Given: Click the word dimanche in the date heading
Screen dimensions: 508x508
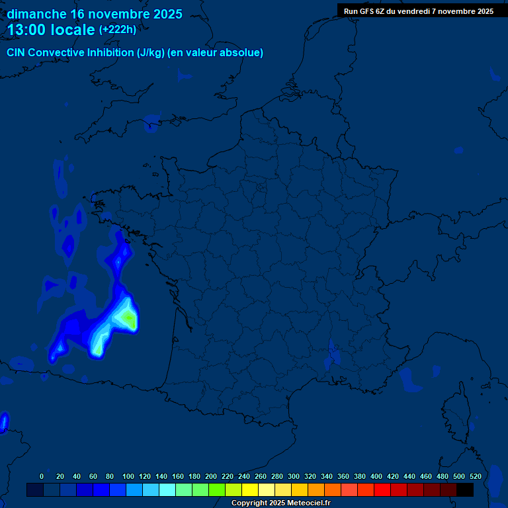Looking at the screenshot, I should (36, 14).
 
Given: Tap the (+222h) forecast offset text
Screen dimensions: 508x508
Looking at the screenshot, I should (117, 30).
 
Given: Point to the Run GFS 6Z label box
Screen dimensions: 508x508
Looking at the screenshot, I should (418, 11).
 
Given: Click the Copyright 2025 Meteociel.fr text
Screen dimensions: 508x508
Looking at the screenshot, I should (280, 503).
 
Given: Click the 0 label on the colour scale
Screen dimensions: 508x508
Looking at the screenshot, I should (42, 476).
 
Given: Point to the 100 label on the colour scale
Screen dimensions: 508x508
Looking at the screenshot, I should (128, 476).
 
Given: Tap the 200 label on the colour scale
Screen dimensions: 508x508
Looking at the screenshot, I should (211, 476).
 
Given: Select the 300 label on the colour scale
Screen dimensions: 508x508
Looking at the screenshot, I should (294, 476).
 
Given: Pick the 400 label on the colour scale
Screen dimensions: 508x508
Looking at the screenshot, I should (376, 476).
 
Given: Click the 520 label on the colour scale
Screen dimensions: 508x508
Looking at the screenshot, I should (475, 476).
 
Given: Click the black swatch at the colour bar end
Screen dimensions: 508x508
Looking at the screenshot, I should (465, 489).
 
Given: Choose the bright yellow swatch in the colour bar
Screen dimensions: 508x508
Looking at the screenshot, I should (250, 489).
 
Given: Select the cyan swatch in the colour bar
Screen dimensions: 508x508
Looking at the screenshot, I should (167, 489).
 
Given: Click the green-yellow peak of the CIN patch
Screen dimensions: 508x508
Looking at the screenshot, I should (128, 318).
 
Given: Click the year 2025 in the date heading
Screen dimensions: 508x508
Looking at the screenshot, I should (166, 14).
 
